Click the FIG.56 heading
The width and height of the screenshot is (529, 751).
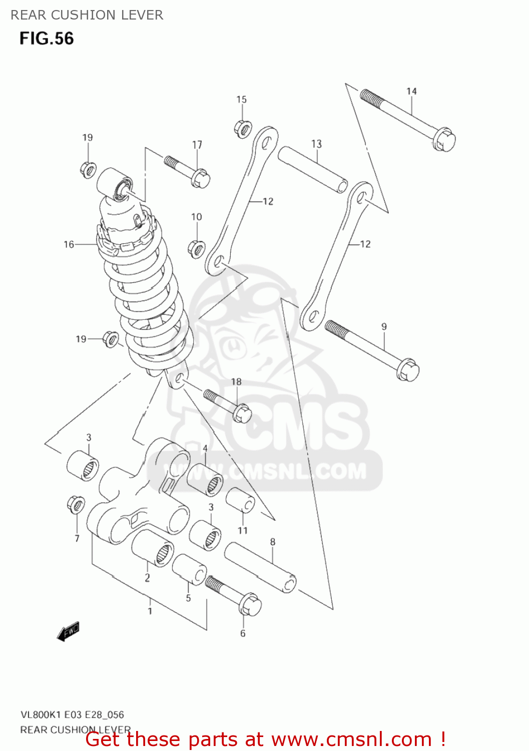[x=47, y=39]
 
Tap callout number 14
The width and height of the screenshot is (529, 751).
[x=411, y=91]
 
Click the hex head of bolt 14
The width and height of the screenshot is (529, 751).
[x=444, y=139]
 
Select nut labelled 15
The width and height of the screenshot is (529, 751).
[x=243, y=129]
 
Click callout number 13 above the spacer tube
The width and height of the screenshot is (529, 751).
[x=316, y=144]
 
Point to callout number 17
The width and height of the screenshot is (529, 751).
[x=197, y=145]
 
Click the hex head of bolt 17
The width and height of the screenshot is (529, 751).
[x=200, y=178]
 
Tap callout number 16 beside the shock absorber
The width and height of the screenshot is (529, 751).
[x=69, y=244]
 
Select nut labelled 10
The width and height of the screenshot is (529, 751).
[x=197, y=248]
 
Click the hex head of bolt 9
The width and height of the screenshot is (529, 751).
[x=408, y=371]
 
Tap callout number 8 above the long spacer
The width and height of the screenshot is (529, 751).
[x=273, y=542]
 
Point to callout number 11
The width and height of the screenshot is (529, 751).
[x=243, y=530]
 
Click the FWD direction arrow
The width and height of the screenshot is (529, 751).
[x=68, y=632]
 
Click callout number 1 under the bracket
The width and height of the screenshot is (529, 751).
[x=150, y=611]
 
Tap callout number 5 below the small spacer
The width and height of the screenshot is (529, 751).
[x=188, y=598]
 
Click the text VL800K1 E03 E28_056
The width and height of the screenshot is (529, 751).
[x=72, y=714]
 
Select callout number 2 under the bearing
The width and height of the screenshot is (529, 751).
[x=147, y=578]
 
